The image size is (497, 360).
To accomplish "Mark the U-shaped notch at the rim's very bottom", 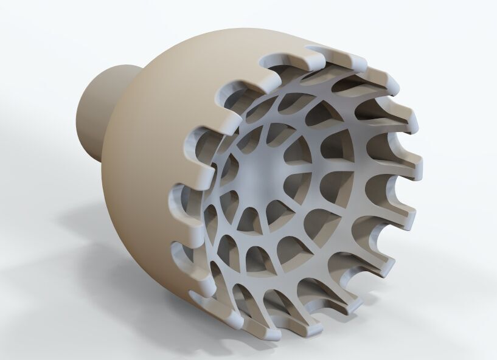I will tap(277, 322).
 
